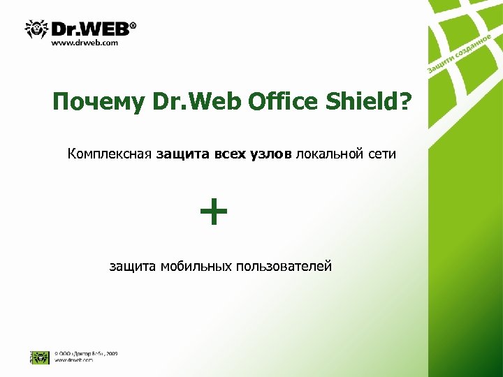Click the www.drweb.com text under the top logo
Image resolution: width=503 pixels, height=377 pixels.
point(85,43)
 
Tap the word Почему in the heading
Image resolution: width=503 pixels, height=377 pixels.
point(98,103)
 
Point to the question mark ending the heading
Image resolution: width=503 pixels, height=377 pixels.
point(405,102)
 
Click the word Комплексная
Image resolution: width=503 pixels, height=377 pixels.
point(110,154)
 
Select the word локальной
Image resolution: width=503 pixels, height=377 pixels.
point(328,154)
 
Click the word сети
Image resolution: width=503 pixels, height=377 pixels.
point(381,154)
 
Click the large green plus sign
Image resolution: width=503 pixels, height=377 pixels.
point(214,212)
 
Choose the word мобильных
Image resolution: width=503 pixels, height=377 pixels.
point(196,266)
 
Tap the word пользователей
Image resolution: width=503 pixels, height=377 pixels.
point(284,266)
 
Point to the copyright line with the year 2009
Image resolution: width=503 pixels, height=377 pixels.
point(86,353)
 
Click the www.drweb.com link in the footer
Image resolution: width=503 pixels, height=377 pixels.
point(74,360)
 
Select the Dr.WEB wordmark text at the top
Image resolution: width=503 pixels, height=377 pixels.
point(94,28)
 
